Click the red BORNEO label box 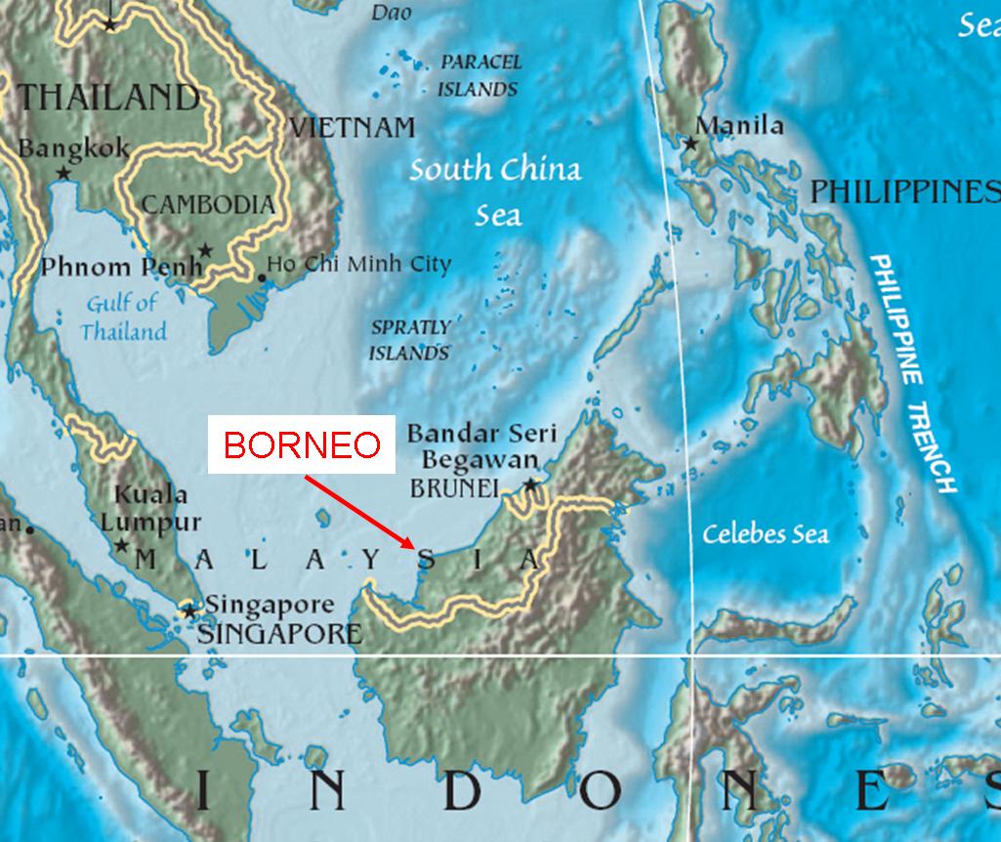coord(302,445)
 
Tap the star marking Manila coord(691,144)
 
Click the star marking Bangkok coord(64,173)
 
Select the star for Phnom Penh coord(205,250)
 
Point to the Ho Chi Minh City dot coord(261,278)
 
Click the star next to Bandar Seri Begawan coord(530,484)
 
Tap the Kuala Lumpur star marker coord(121,545)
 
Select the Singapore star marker coord(189,611)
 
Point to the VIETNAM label coord(353,128)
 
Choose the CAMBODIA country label coord(208,204)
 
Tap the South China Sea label coord(496,190)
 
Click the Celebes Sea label coord(766,534)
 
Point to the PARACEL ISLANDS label coord(480,75)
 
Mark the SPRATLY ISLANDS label coord(409,340)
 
